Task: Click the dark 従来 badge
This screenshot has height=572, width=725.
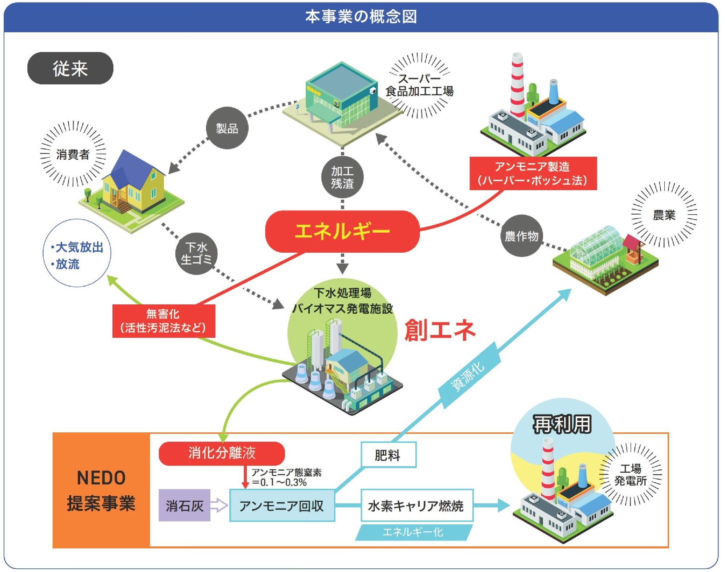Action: click(x=70, y=68)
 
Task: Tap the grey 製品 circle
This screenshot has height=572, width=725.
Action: click(x=227, y=128)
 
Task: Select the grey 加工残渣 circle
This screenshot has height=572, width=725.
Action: click(x=342, y=177)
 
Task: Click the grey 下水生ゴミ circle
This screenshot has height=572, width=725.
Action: click(x=196, y=253)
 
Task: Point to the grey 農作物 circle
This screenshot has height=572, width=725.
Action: click(x=521, y=236)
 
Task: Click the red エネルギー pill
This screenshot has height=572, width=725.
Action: click(x=342, y=231)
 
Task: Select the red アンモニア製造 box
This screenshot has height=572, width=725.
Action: click(x=533, y=173)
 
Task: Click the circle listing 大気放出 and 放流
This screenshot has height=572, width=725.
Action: click(x=77, y=253)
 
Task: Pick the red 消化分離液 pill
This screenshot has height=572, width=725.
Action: click(x=222, y=453)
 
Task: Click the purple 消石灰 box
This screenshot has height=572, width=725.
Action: click(x=184, y=505)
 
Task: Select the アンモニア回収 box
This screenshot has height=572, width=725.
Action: click(x=282, y=505)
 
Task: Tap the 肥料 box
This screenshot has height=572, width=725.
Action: click(x=388, y=455)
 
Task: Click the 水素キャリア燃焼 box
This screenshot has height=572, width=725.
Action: click(x=416, y=505)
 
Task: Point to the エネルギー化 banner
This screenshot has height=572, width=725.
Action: click(x=414, y=532)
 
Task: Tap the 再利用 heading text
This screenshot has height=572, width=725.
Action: click(x=562, y=424)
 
